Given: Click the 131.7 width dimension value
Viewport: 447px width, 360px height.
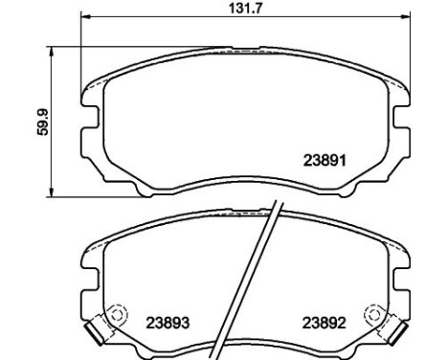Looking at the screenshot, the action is (x=245, y=8).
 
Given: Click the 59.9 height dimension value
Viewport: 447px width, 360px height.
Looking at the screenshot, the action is (x=42, y=122).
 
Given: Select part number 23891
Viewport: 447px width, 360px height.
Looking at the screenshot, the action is (x=324, y=160).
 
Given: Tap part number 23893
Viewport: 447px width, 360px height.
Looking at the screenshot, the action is (x=168, y=323).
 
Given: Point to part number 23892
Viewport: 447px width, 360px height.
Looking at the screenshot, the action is (x=324, y=323).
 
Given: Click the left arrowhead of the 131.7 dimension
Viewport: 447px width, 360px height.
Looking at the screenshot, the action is (x=85, y=16).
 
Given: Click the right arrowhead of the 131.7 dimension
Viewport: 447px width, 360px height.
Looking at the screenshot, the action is (x=405, y=16).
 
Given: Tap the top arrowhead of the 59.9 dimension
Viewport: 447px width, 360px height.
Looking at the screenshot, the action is (x=51, y=52).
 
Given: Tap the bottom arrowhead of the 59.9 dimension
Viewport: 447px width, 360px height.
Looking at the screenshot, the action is (x=51, y=192).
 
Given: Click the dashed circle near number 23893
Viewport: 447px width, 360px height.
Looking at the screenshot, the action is (x=117, y=314).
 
